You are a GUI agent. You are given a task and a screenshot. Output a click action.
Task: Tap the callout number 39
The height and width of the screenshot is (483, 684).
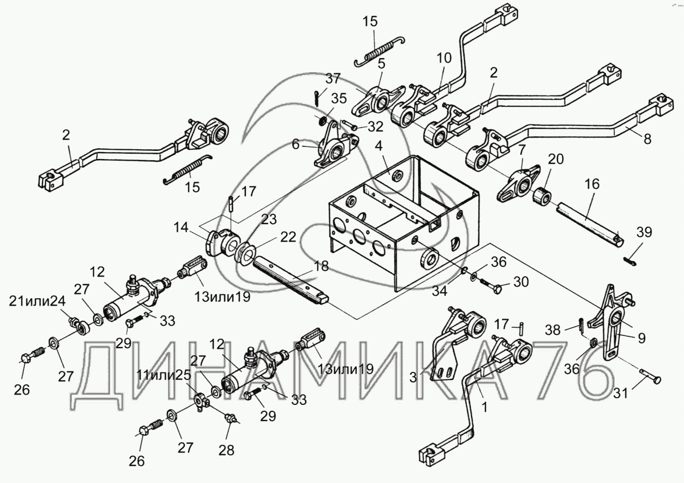tap(644, 233)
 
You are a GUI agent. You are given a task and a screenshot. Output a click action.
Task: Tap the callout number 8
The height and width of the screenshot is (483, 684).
tap(647, 139)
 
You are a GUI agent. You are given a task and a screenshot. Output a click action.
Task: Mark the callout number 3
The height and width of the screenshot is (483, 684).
tap(413, 377)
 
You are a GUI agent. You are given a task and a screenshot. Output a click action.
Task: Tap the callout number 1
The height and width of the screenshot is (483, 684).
tap(485, 408)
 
